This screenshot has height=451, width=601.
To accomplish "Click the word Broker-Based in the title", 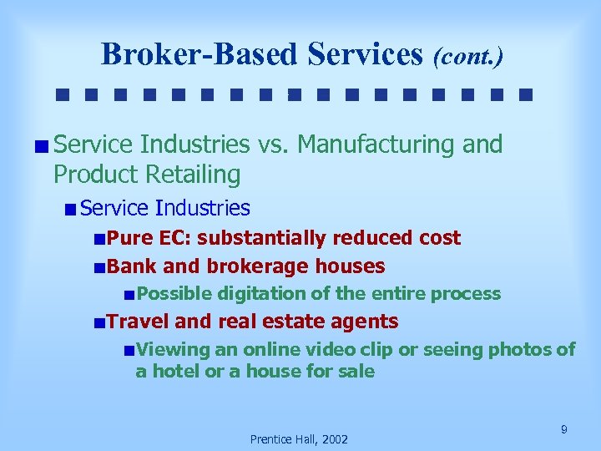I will tap(199, 54).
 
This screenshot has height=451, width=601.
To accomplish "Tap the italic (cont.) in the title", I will tap(467, 56).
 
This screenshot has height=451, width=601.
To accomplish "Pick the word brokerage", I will tap(269, 266).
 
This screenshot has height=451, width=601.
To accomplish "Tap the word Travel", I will tap(139, 322).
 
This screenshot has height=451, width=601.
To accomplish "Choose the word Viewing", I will tap(174, 349).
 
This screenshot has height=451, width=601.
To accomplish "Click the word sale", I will tap(356, 371).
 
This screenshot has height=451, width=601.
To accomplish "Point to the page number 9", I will tap(564, 429).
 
